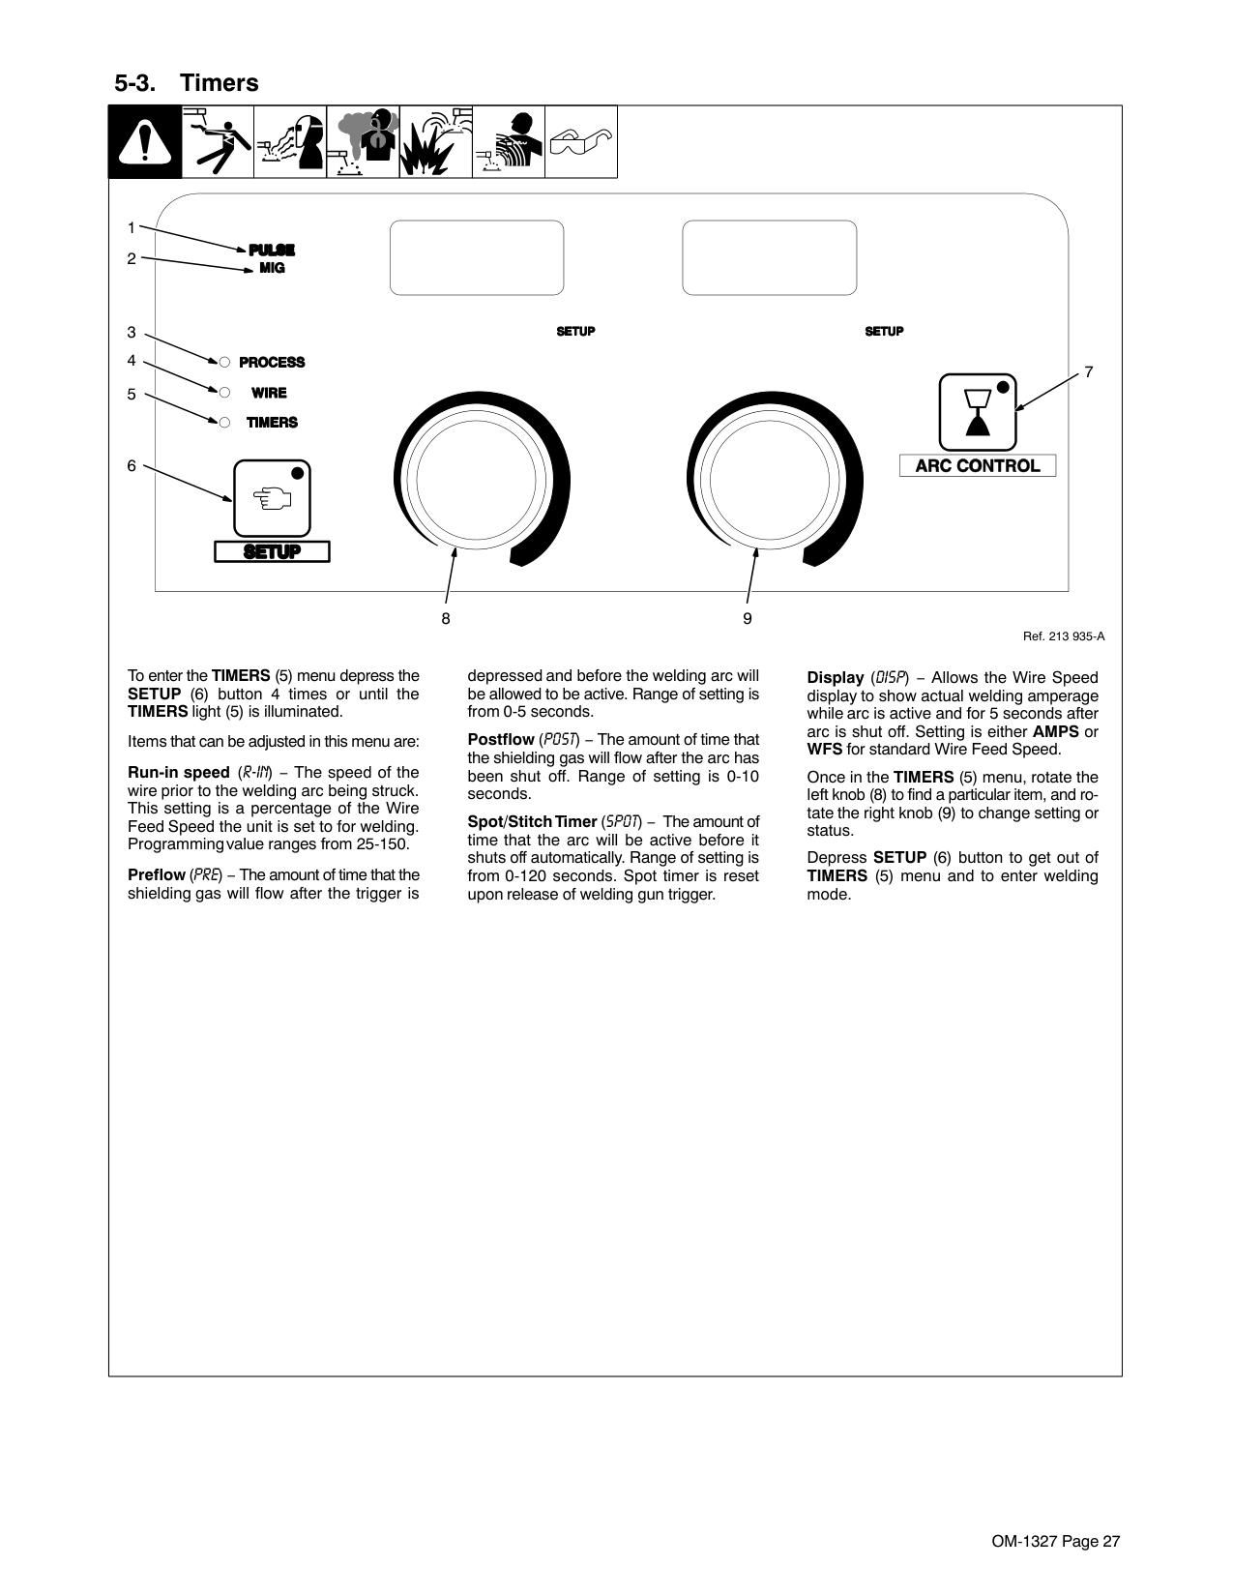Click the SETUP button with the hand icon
pos(272,498)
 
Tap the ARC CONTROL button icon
pos(977,412)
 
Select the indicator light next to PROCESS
pos(223,362)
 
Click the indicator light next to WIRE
pos(223,393)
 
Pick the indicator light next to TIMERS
pos(223,422)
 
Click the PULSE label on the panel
pos(272,250)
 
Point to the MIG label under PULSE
pos(272,268)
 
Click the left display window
pos(477,257)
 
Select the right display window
pos(769,257)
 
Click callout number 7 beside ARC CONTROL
pos(1088,371)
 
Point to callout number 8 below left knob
pos(446,618)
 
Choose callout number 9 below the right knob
pos(748,618)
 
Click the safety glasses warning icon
pos(580,142)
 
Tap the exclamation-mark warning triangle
pos(145,142)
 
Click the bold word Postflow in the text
pos(501,740)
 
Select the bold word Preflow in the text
pos(157,875)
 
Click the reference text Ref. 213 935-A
pos(1064,635)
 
